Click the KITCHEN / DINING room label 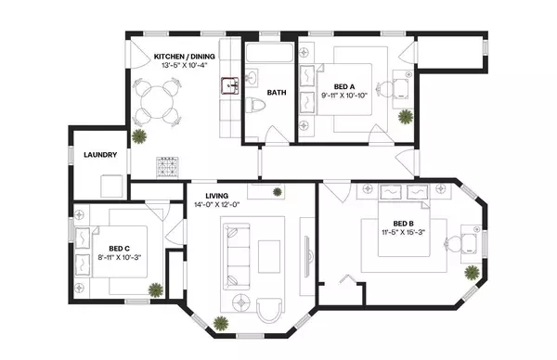[x=184, y=58]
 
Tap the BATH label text [x=277, y=93]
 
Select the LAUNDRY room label [x=98, y=155]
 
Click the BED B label [x=402, y=224]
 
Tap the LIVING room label [x=217, y=195]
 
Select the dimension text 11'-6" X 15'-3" [x=402, y=234]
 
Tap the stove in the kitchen [x=167, y=168]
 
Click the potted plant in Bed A [x=405, y=117]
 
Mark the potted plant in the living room [x=221, y=322]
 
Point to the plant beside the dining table [x=139, y=137]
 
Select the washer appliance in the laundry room [x=110, y=185]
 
